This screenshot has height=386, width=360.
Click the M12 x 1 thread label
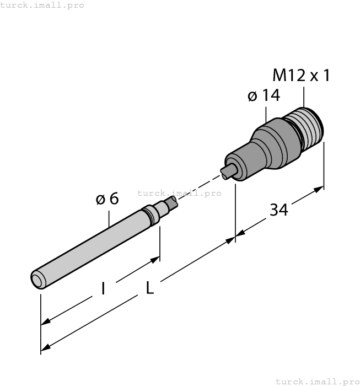(x=301, y=76)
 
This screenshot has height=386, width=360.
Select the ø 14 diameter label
(x=264, y=96)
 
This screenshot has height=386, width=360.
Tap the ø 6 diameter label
(x=107, y=199)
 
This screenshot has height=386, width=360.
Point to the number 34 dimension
(x=278, y=210)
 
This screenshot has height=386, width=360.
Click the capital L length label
(x=149, y=288)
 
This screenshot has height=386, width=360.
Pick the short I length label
(x=103, y=288)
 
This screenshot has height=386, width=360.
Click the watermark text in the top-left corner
(x=42, y=5)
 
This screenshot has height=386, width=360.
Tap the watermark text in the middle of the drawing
(x=179, y=193)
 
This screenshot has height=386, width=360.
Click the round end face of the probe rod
(x=37, y=280)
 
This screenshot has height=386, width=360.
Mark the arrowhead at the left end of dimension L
(x=46, y=347)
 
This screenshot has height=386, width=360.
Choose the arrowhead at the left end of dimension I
(x=46, y=321)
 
